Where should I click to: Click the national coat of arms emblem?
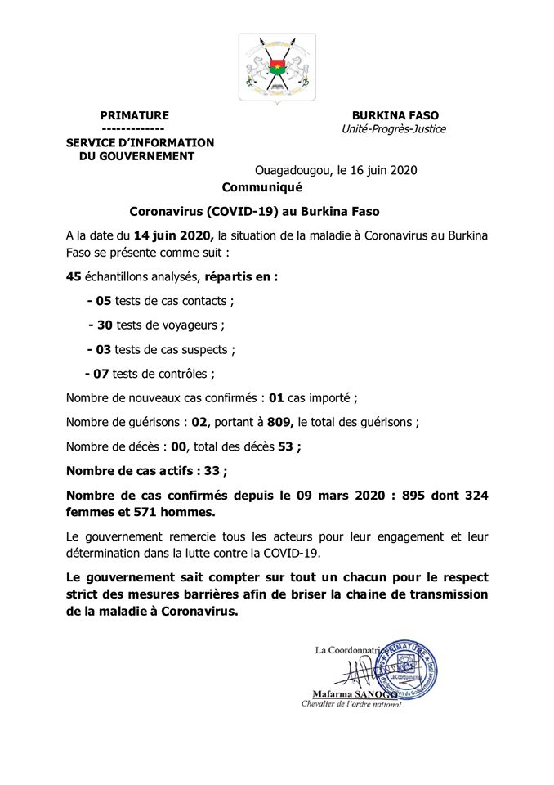pyautogui.click(x=276, y=68)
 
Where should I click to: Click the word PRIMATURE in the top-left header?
pyautogui.click(x=134, y=116)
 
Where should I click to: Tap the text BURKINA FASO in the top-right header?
pyautogui.click(x=395, y=116)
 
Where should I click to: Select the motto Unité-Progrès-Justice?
pyautogui.click(x=395, y=129)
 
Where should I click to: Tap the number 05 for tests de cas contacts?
pyautogui.click(x=104, y=301)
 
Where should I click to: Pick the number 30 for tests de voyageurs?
pyautogui.click(x=105, y=325)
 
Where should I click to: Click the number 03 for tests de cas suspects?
pyautogui.click(x=104, y=349)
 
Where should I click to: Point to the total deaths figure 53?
pyautogui.click(x=286, y=446)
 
